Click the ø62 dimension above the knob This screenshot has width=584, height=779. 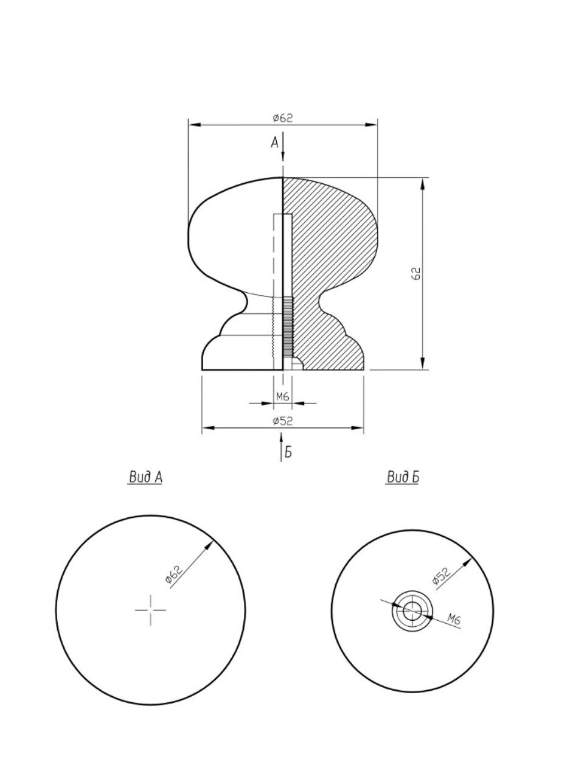[283, 118]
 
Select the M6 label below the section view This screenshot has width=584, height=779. [283, 397]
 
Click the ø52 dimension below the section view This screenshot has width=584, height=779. [283, 421]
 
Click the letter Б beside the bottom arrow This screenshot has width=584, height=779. [288, 453]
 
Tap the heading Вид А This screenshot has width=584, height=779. [145, 477]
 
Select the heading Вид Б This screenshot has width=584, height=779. [403, 477]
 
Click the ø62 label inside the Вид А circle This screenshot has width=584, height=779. [174, 575]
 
